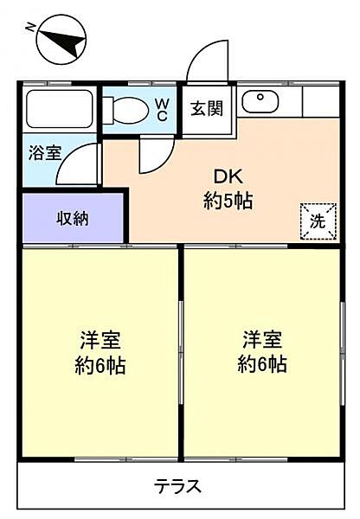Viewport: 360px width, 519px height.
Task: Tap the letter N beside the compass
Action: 31,28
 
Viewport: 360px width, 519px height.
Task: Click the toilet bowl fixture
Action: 127,109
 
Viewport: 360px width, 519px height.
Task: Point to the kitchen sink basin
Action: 257,102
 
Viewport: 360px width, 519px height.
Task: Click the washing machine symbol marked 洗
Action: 317,220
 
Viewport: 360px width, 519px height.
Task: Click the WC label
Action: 162,109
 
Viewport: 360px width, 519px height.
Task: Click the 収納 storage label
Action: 74,218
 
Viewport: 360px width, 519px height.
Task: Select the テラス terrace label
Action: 178,486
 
